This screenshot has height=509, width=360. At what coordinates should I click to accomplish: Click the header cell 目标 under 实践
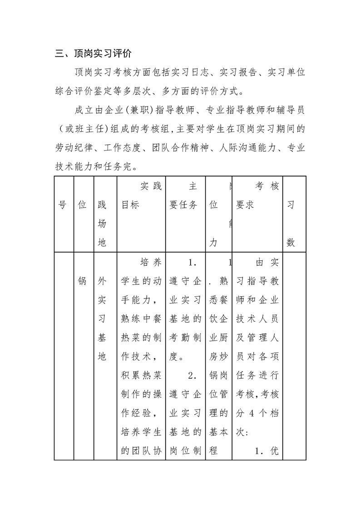130,205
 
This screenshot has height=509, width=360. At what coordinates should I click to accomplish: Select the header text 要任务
183,205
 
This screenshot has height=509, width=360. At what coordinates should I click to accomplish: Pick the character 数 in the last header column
291,243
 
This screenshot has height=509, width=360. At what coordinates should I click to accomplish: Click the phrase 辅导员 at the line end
290,110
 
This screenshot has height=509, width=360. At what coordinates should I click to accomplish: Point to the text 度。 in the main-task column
176,357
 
